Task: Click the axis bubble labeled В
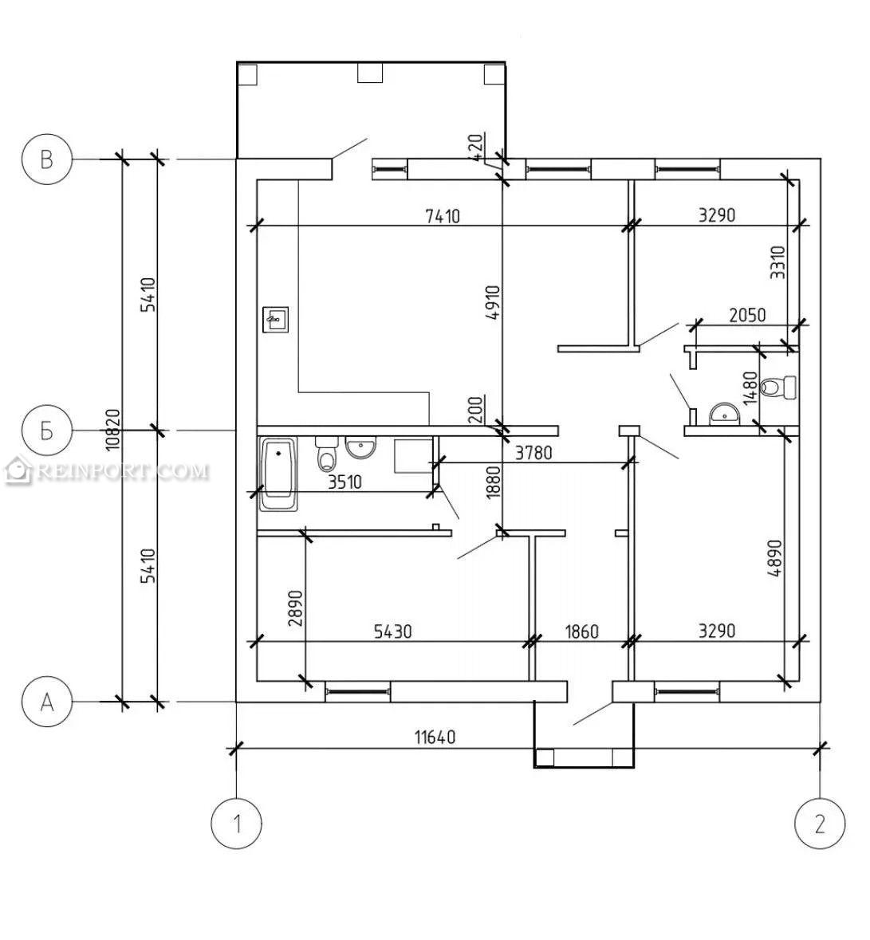pyautogui.click(x=47, y=159)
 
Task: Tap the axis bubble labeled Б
pyautogui.click(x=47, y=430)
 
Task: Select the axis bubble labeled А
pyautogui.click(x=47, y=701)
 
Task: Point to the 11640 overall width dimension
pyautogui.click(x=435, y=736)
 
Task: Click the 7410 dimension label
pyautogui.click(x=443, y=215)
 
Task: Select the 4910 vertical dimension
pyautogui.click(x=492, y=303)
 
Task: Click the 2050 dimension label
pyautogui.click(x=747, y=315)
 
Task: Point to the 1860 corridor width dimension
pyautogui.click(x=581, y=631)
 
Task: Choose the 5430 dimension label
pyautogui.click(x=392, y=631)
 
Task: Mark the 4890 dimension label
pyautogui.click(x=775, y=558)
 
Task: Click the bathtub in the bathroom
pyautogui.click(x=279, y=474)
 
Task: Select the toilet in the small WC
pyautogui.click(x=777, y=387)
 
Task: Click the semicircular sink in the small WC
pyautogui.click(x=724, y=415)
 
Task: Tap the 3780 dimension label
pyautogui.click(x=533, y=452)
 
